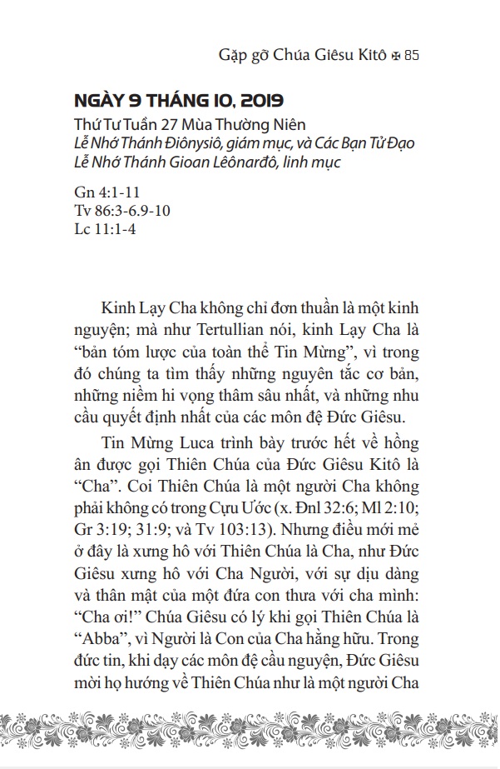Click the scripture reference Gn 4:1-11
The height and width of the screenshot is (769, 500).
(103, 193)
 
